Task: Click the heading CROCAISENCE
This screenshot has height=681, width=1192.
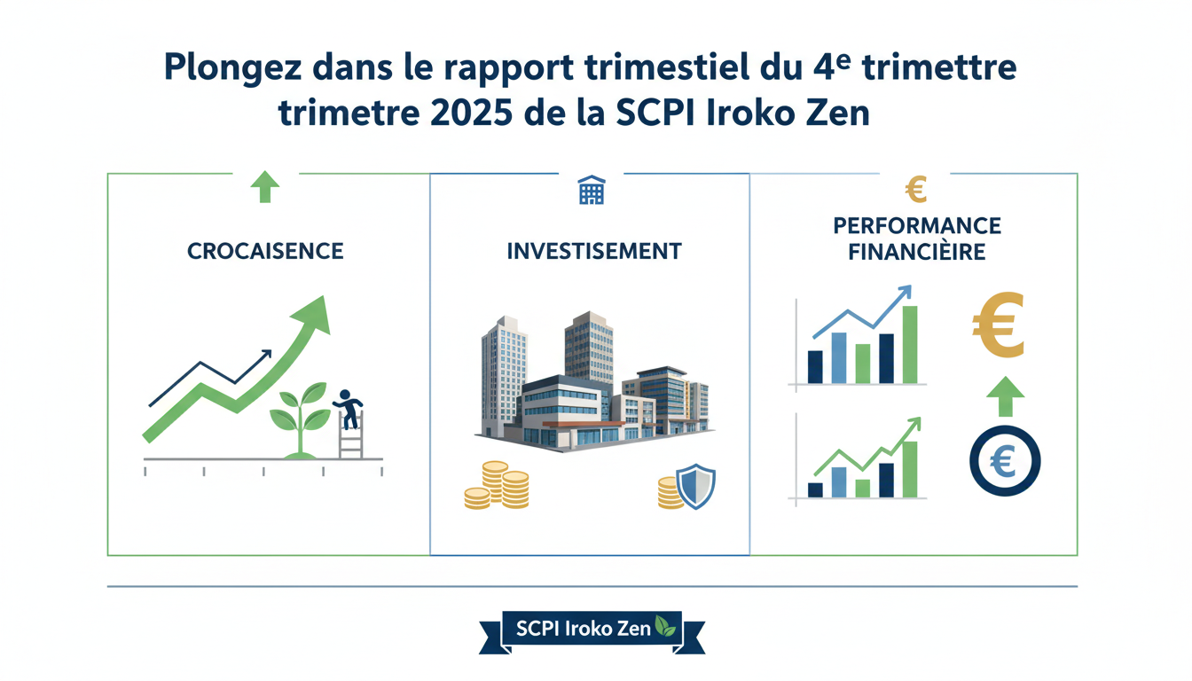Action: click(x=265, y=251)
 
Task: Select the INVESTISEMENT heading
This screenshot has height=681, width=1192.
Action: click(x=593, y=251)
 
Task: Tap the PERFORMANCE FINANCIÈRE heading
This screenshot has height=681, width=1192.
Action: click(x=917, y=239)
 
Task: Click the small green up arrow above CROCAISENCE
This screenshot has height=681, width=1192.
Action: click(x=264, y=188)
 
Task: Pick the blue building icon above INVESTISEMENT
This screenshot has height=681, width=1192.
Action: click(x=591, y=190)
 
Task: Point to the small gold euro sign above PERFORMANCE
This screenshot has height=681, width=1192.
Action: click(x=916, y=189)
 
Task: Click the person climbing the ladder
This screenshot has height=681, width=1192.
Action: click(x=349, y=409)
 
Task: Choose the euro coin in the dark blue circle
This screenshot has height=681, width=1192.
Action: click(x=1004, y=460)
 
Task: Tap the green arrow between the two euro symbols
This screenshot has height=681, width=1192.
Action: click(x=1004, y=395)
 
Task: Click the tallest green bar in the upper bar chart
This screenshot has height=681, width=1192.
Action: click(x=909, y=344)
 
